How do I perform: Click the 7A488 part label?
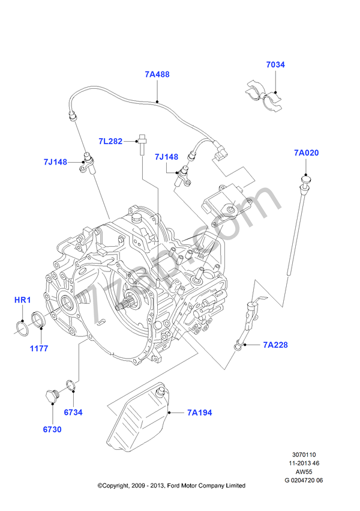tap(157, 75)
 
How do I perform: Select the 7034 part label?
tap(276, 64)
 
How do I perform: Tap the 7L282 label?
tap(111, 142)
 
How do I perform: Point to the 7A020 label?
tap(306, 153)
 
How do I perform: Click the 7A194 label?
tap(199, 413)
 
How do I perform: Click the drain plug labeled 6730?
tap(49, 397)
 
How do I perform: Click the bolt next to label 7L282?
tap(143, 144)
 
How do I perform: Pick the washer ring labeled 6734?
tap(70, 384)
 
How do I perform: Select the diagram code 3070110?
tap(303, 456)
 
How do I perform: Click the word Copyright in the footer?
tap(118, 485)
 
